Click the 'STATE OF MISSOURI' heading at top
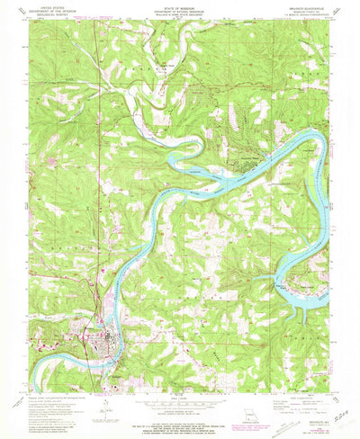(180, 8)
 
